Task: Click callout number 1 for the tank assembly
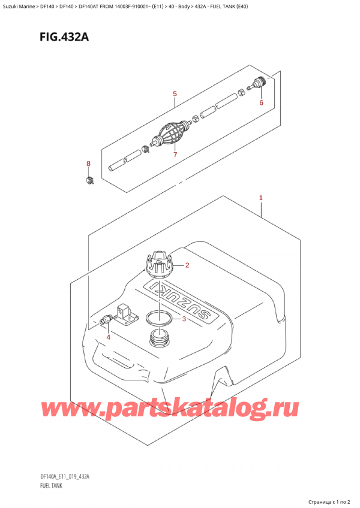pos(261,198)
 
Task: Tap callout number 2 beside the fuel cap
pos(187,265)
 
